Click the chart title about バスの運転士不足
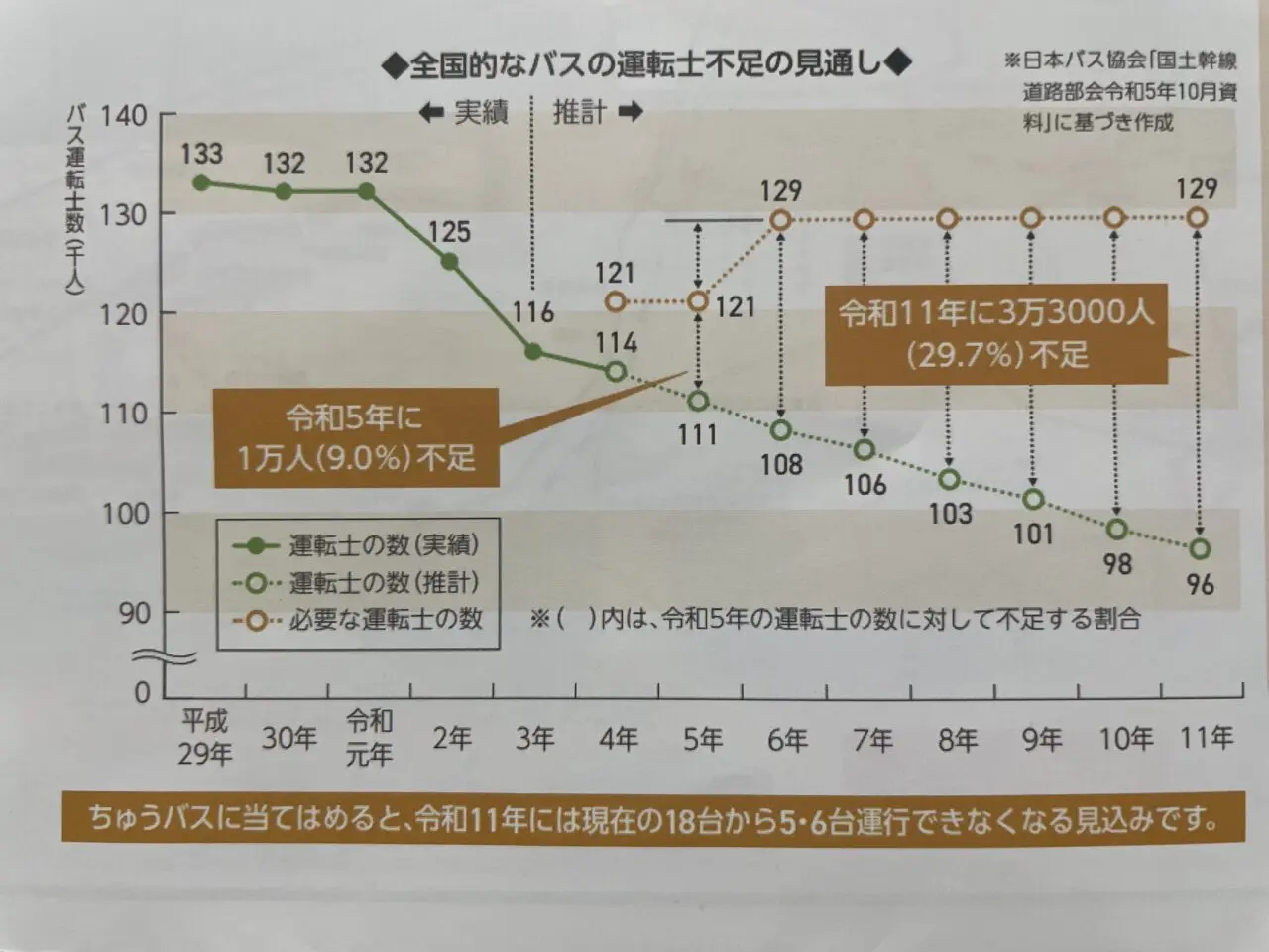(x=645, y=63)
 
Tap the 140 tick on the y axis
(x=123, y=115)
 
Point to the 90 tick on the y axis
(x=134, y=613)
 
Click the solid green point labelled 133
(x=201, y=182)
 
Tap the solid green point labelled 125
(x=449, y=262)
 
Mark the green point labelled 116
(x=533, y=352)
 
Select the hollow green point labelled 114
(x=616, y=371)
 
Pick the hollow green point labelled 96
(x=1201, y=548)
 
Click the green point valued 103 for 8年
(x=950, y=480)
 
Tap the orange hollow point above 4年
(x=616, y=300)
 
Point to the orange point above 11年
(x=1198, y=218)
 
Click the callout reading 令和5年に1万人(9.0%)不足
(x=356, y=437)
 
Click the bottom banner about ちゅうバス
(x=652, y=819)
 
